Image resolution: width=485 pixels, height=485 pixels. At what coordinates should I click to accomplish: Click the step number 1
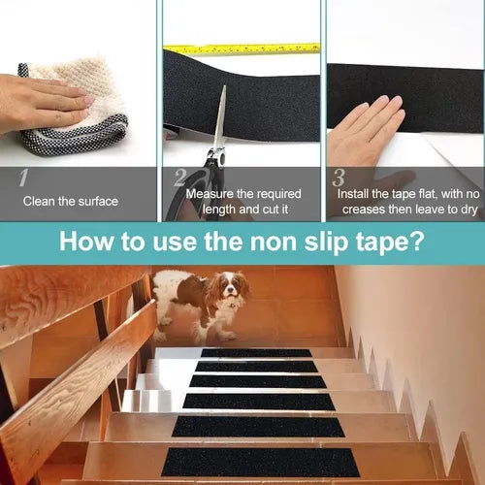(23, 178)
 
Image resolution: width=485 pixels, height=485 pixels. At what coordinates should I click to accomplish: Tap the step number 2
(180, 178)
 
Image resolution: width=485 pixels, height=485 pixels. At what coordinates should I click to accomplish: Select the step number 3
(339, 178)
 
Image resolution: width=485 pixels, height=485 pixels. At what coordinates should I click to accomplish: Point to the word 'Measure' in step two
(210, 194)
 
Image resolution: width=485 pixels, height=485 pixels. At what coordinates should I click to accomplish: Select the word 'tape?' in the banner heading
(390, 242)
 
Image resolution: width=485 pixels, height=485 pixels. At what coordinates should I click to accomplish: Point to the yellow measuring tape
(242, 48)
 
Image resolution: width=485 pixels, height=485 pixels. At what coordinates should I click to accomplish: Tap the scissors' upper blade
(220, 116)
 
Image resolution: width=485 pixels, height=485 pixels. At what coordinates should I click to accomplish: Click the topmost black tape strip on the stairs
(256, 353)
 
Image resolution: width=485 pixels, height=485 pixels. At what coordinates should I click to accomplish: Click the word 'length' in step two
(218, 210)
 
